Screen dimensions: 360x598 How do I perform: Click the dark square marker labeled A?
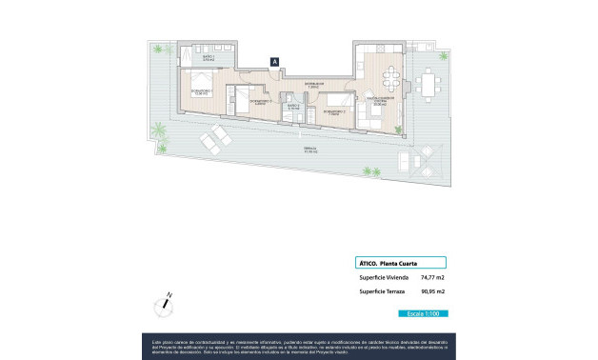pos(275,61)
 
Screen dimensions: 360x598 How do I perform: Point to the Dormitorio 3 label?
pos(260,100)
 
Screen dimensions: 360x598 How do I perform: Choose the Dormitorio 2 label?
pos(333,111)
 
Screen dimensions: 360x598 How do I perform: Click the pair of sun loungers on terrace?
pos(215,142)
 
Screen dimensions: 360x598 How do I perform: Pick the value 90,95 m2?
pos(433,291)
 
